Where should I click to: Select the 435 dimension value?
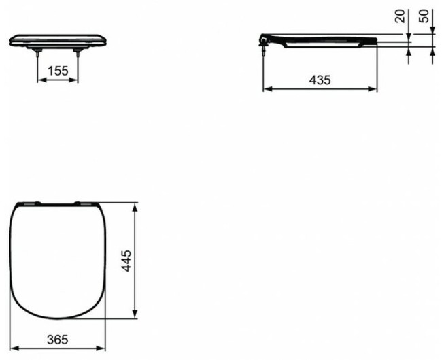[x=320, y=80]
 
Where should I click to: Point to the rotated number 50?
[x=426, y=16]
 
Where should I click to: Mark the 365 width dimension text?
[x=58, y=338]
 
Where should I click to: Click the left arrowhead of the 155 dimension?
[x=39, y=80]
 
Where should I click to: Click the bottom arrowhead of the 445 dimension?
[x=139, y=316]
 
